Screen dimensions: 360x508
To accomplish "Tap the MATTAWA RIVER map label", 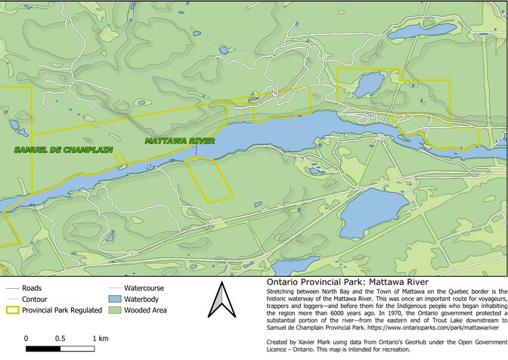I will click(180, 141).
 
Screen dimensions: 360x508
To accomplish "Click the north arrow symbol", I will click(219, 301).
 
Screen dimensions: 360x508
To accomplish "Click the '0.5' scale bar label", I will click(60, 337).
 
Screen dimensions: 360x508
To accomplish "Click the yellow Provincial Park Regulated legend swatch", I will click(11, 310).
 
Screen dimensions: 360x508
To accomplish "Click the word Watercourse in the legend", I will click(144, 288).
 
